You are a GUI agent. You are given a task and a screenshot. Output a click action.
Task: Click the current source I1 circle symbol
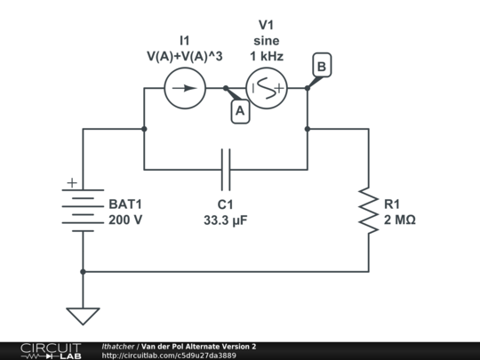(185, 88)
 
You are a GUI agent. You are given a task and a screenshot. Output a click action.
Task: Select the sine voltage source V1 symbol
(267, 88)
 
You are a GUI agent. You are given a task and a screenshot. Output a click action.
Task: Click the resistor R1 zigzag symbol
(368, 210)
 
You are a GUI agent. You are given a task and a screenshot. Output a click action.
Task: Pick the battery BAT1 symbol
(83, 209)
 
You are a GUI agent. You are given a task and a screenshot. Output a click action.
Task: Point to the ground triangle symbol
(83, 316)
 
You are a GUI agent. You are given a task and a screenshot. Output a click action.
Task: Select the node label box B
(321, 66)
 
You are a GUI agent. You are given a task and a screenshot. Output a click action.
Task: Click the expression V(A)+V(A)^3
(184, 57)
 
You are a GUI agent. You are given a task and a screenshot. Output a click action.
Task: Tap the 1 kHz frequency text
(267, 57)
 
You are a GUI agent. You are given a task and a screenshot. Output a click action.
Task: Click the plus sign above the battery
(69, 184)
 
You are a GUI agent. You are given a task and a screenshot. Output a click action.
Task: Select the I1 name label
(184, 40)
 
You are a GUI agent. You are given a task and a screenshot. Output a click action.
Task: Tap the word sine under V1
(267, 41)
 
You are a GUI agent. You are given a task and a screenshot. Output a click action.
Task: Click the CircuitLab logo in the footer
(41, 350)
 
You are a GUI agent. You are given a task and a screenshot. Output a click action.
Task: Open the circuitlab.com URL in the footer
(169, 356)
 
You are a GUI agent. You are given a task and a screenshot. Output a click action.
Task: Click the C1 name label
(225, 204)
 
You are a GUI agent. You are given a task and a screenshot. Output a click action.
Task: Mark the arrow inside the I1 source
(185, 88)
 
